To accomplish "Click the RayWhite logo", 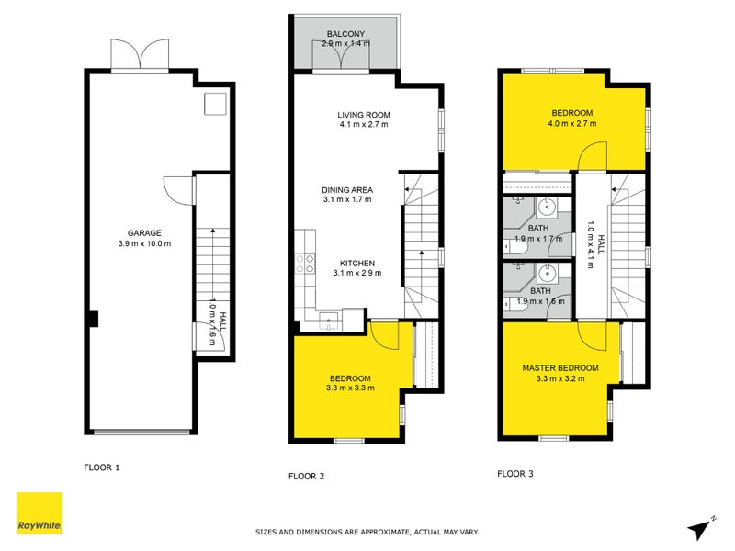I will (40, 513).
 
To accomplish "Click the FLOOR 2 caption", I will (306, 476).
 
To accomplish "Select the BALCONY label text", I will (346, 35).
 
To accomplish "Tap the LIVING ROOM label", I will (364, 115).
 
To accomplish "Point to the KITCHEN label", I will (356, 262).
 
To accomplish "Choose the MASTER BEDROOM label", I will (560, 368).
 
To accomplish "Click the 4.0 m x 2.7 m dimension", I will (571, 124).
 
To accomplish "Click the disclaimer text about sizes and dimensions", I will (367, 532).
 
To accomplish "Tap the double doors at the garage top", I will (140, 56).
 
